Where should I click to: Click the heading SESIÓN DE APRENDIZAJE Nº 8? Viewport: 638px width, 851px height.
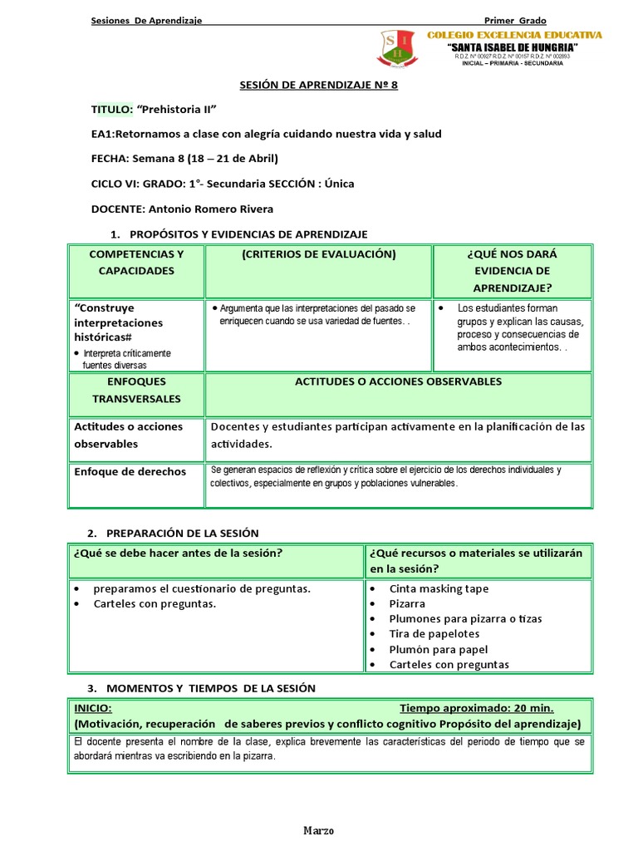click(318, 85)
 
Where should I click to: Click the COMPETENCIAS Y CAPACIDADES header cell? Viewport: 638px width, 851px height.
click(136, 263)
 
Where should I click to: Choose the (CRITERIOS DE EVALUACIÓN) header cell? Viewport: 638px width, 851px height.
click(318, 254)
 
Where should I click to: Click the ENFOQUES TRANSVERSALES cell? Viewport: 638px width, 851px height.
click(136, 390)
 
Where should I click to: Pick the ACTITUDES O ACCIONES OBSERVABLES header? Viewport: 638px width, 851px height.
click(398, 381)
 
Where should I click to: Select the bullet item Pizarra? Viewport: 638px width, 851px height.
click(407, 604)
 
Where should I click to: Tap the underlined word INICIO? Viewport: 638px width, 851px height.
click(94, 708)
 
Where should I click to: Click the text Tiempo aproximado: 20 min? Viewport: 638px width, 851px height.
click(476, 708)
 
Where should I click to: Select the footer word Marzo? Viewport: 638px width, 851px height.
click(318, 830)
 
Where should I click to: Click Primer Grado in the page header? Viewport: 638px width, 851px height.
click(515, 20)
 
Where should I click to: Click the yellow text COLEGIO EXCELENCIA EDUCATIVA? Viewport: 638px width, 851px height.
click(514, 36)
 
